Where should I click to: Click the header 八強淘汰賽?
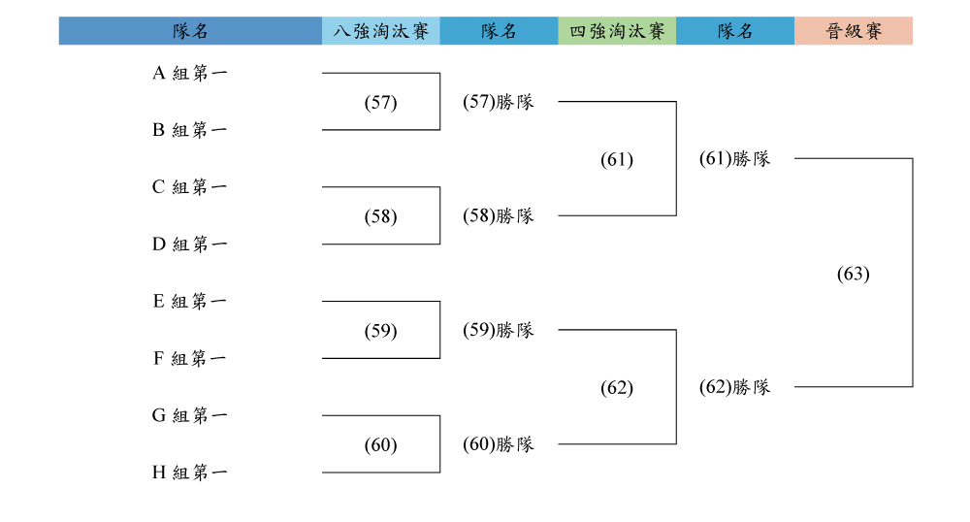380,31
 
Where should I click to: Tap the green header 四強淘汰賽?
617,31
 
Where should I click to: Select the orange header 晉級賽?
854,31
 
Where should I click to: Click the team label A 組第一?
190,73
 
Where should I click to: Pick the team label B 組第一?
190,130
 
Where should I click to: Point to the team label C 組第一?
190,187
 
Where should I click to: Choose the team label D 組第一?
190,245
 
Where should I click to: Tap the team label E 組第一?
190,301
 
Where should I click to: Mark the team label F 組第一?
190,358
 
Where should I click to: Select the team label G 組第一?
190,415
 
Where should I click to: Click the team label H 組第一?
190,473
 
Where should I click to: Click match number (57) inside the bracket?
380,102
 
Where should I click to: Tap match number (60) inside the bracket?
380,444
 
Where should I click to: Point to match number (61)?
617,159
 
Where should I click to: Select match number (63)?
853,274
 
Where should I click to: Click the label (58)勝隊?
499,215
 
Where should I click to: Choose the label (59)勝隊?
499,330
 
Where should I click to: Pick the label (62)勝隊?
735,387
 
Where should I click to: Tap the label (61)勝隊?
735,159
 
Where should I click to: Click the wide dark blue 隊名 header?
190,31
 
